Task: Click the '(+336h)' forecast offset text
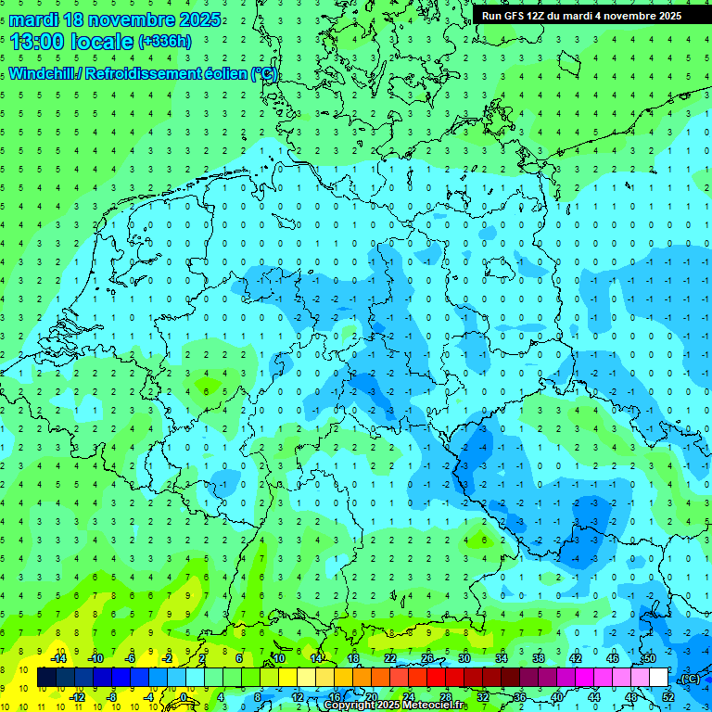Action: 165,42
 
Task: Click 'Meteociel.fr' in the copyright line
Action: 439,706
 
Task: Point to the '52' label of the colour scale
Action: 668,697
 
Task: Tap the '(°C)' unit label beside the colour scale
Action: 689,679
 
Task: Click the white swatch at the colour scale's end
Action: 658,678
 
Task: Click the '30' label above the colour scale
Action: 464,658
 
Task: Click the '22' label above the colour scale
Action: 389,658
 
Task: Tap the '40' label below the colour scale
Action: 557,697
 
